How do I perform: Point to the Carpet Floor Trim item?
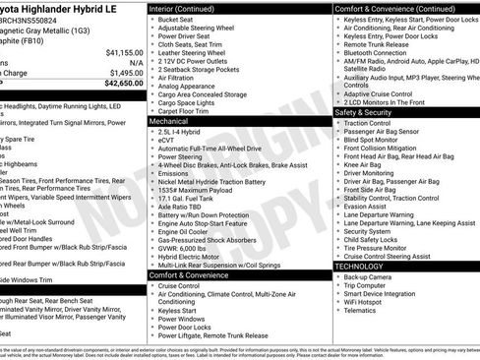pos(186,111)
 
